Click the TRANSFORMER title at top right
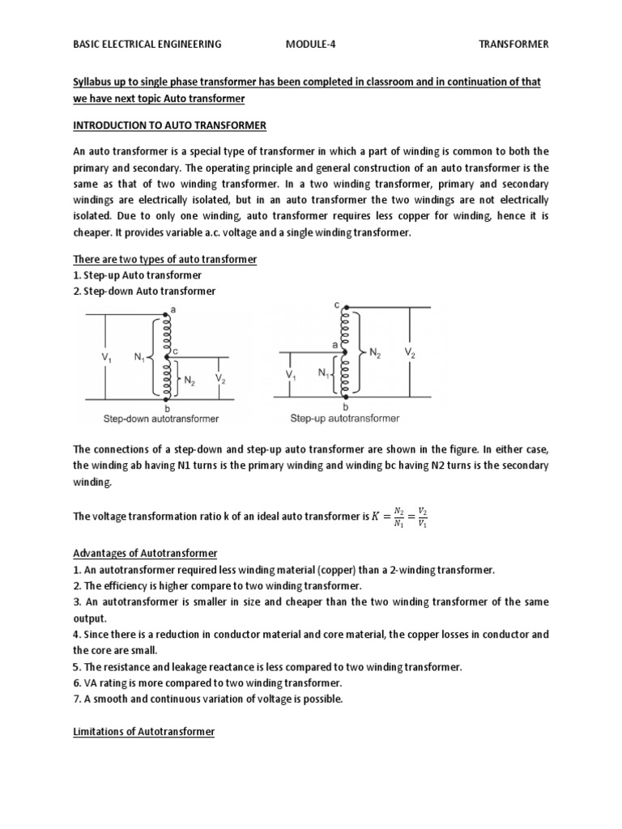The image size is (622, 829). coord(513,45)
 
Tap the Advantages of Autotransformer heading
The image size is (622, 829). coord(146,553)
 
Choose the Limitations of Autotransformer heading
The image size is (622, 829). coord(144,731)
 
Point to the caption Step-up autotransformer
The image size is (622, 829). coord(345,419)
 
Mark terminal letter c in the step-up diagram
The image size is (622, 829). coord(336,305)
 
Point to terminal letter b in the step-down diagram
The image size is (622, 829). coord(167,409)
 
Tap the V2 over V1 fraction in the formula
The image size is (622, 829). coord(422,518)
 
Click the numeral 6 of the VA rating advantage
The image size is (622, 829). coord(76,683)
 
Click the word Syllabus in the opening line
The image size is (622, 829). coord(93,83)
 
